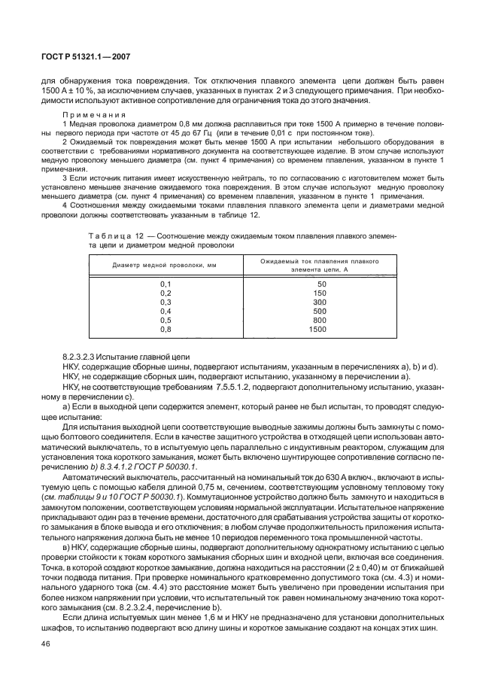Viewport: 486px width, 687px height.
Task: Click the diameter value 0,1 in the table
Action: point(166,284)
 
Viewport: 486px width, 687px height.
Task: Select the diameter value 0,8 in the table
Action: point(166,329)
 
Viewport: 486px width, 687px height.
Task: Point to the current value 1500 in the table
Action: point(317,329)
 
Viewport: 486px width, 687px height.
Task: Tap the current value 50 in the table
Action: point(321,284)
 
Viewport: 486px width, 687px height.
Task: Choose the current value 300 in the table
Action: point(320,302)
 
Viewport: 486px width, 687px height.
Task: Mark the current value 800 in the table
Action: point(320,320)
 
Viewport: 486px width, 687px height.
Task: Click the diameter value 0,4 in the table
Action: point(166,311)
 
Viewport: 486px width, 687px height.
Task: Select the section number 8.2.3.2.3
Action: point(84,355)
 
